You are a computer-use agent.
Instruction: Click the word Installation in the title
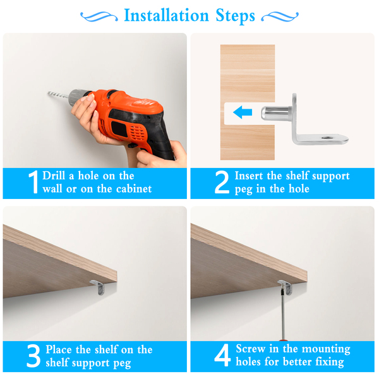166,15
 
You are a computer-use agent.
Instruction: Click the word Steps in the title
235,16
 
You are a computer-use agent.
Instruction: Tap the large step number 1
34,182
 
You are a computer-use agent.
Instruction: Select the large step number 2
222,182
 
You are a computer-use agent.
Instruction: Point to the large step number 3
33,356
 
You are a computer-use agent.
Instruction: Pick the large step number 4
222,355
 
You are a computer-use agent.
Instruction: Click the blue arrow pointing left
243,112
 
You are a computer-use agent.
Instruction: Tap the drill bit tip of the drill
49,93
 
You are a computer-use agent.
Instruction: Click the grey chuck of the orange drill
77,97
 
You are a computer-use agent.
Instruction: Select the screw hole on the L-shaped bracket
327,138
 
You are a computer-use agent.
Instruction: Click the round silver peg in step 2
275,113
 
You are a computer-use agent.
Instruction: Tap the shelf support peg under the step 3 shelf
98,287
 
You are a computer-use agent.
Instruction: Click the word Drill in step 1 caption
54,176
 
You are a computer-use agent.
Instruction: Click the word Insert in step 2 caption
250,176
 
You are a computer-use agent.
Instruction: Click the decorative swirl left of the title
99,17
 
